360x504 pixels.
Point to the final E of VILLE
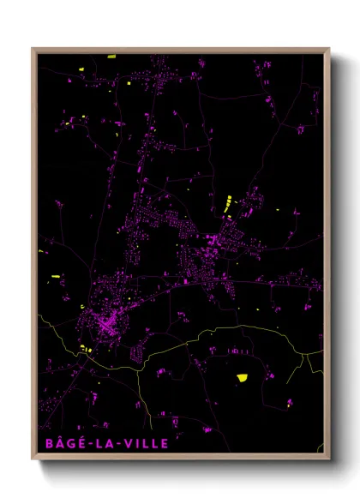pos(165,444)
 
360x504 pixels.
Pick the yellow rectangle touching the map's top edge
pos(111,57)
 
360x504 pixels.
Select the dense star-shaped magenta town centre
pos(105,325)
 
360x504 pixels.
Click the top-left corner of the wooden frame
pos(33,49)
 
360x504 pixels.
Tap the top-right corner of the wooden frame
pos(329,49)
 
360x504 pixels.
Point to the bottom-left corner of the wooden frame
pos(33,460)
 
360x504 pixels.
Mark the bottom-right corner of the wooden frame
pos(329,460)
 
